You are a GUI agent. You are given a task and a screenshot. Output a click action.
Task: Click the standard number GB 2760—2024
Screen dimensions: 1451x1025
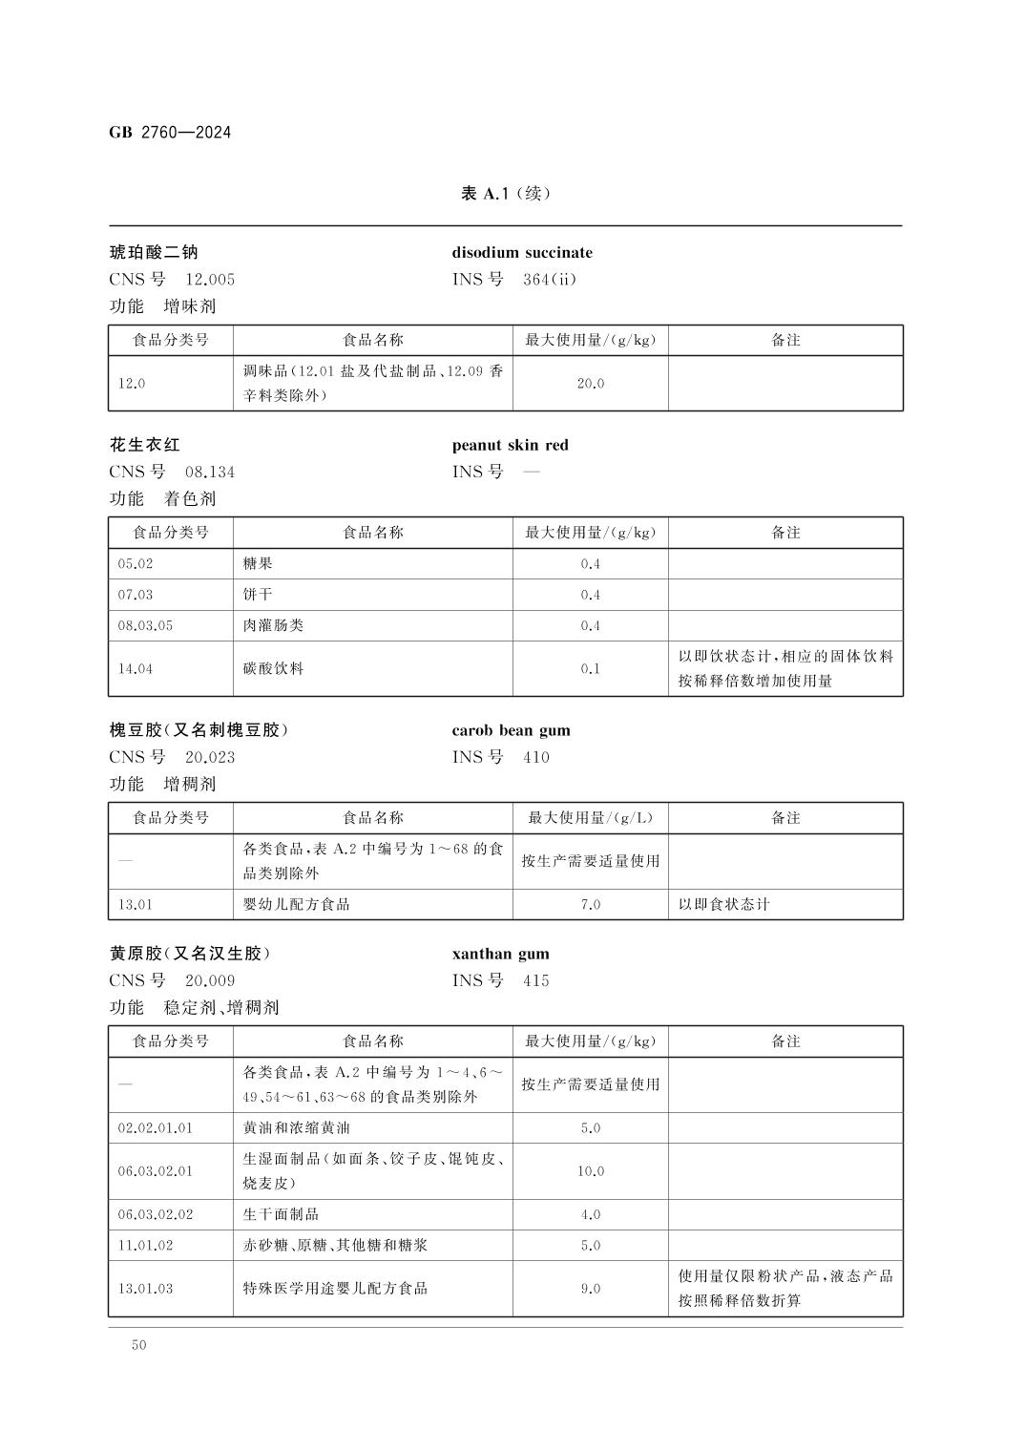(x=170, y=132)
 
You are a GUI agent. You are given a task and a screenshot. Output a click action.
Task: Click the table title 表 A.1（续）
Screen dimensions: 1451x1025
(x=506, y=194)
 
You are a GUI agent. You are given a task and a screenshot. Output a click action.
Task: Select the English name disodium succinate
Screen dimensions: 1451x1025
(x=522, y=253)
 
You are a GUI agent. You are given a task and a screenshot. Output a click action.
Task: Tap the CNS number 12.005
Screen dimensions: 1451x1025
(x=210, y=280)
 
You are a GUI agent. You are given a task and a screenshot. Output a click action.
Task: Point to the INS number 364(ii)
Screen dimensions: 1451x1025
(x=550, y=280)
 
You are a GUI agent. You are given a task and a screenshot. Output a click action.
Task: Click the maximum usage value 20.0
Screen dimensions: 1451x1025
(x=590, y=384)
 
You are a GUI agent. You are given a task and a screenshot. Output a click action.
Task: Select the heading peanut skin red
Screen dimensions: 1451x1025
(x=510, y=445)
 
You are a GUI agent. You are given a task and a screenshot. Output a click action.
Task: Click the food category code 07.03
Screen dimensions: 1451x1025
(x=136, y=595)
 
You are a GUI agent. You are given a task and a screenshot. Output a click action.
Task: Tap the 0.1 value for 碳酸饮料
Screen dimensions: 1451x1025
(x=590, y=669)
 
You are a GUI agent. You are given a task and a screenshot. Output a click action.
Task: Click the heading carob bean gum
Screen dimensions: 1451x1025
(x=511, y=730)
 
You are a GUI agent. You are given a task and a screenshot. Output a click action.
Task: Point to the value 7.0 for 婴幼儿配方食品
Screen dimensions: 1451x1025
(x=590, y=905)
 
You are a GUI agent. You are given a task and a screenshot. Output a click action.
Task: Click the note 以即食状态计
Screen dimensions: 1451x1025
(x=723, y=905)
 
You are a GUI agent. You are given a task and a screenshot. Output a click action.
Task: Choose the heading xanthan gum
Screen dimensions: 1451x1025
(x=500, y=954)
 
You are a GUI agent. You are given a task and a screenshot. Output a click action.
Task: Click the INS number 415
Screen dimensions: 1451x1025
(x=536, y=980)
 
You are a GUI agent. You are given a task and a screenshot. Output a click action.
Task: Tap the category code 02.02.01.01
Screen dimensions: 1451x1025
(x=156, y=1128)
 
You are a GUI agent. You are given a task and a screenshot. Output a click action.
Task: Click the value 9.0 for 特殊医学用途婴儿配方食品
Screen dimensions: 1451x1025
(x=590, y=1289)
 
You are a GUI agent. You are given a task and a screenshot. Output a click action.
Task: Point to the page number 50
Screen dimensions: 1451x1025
(x=139, y=1345)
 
